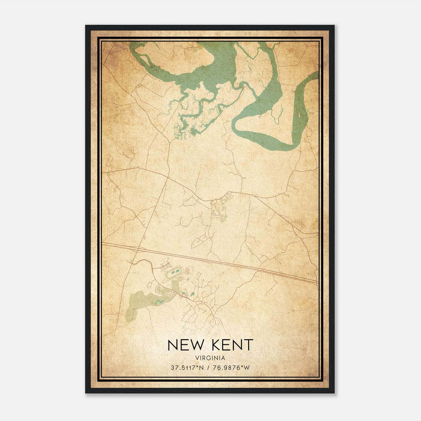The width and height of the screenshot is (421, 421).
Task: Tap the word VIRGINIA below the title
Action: (210, 358)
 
